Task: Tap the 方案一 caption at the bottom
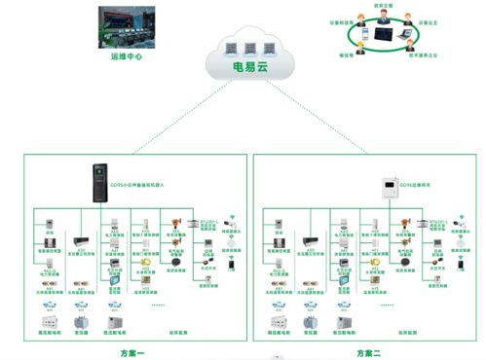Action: coord(130,352)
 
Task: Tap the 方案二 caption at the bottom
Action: coord(370,352)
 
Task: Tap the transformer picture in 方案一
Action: coord(84,320)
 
